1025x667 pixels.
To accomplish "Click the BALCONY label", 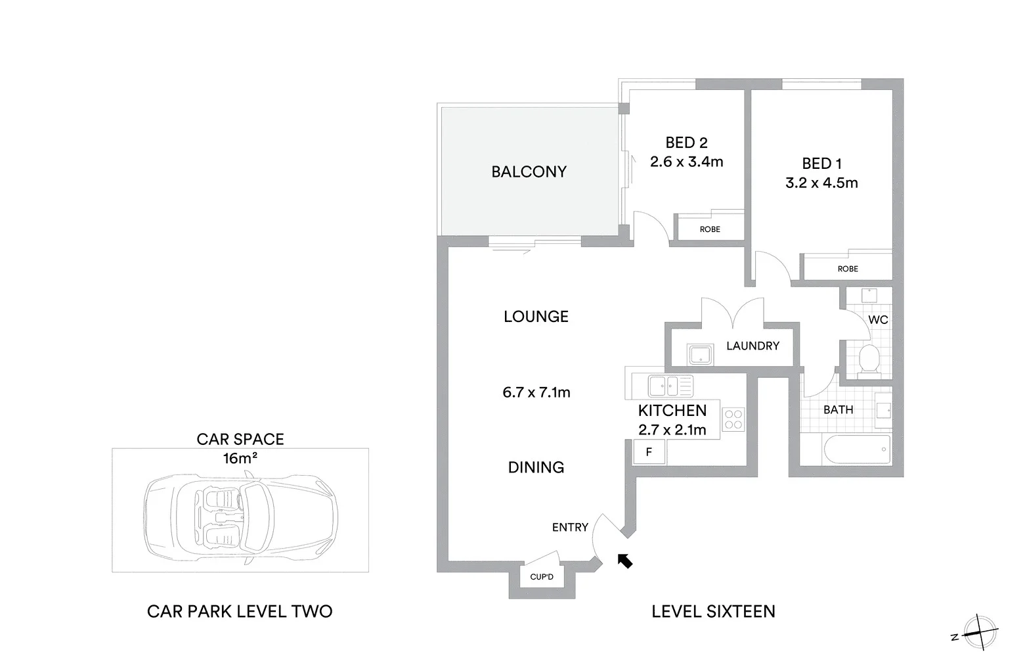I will click(529, 172).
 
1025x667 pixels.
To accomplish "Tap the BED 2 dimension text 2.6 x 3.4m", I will click(686, 162).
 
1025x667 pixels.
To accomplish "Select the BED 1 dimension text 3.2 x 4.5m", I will click(821, 183).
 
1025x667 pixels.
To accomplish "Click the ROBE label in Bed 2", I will click(710, 229).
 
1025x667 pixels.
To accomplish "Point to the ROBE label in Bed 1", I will click(848, 269).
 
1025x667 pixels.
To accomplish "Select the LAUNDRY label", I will click(752, 346).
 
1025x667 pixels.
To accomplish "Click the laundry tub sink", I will click(701, 355).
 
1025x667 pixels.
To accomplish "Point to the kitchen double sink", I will click(670, 384).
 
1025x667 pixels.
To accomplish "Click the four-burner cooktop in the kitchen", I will click(733, 419).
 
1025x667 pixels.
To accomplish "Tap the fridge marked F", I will click(649, 452).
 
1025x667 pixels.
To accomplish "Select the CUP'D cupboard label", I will click(542, 578).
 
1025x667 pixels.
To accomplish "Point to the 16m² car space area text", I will click(240, 458).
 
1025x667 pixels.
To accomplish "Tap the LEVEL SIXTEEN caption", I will click(713, 611).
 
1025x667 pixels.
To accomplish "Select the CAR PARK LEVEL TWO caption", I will click(240, 611).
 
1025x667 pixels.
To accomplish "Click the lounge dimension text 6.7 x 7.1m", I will click(536, 392).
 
